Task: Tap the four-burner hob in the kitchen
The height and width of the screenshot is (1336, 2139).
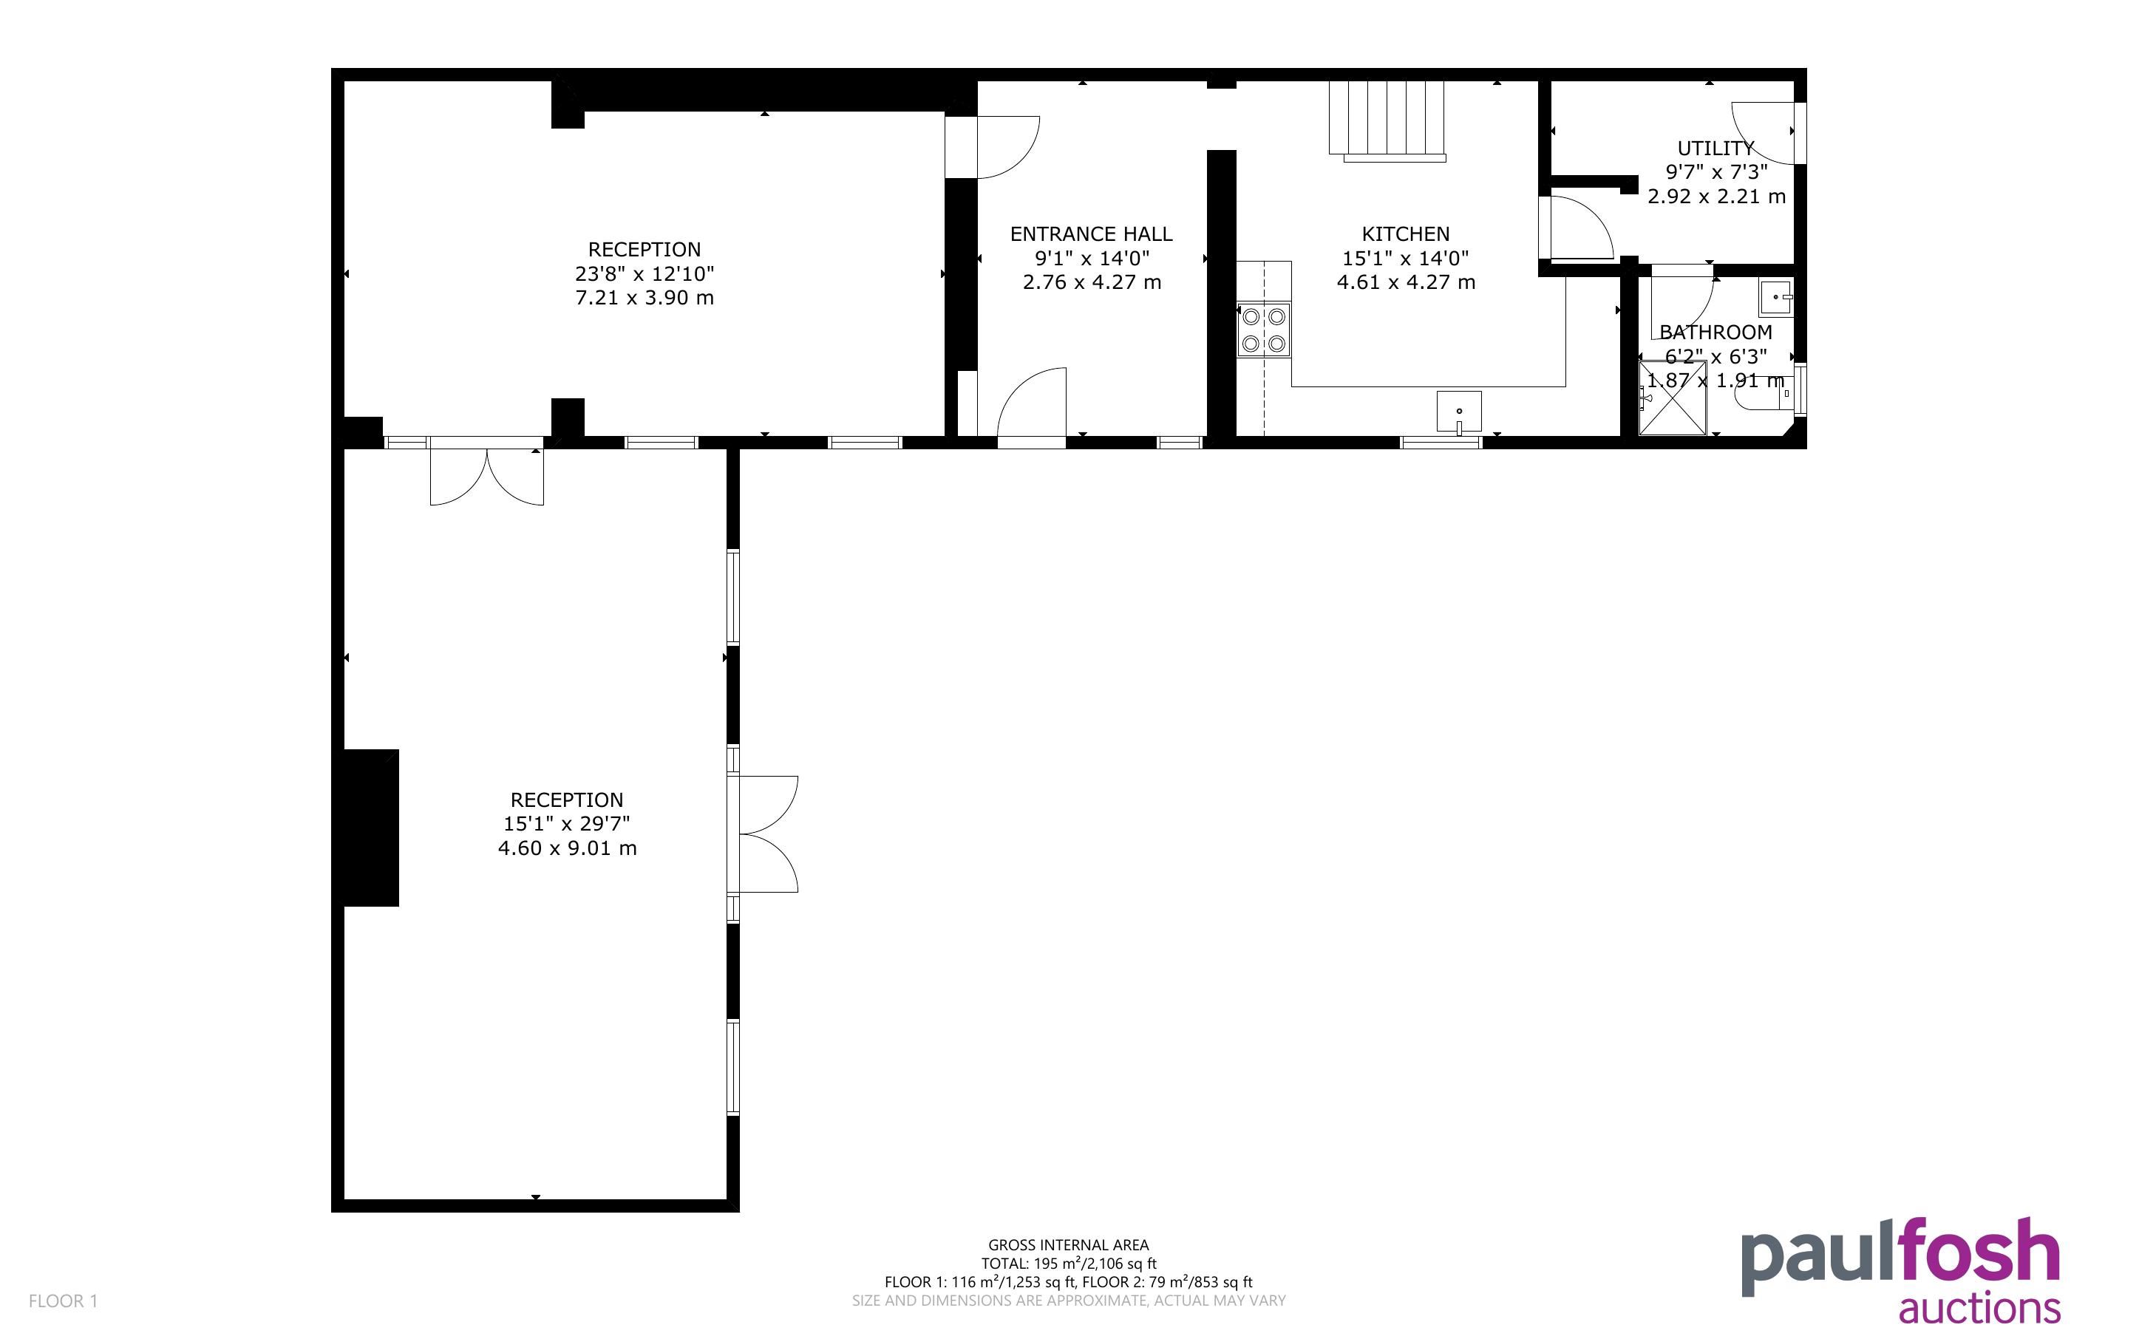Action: pyautogui.click(x=1263, y=330)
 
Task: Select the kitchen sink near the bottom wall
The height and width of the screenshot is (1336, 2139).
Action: pyautogui.click(x=1459, y=412)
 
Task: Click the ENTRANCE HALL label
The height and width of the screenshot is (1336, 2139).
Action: pyautogui.click(x=1091, y=234)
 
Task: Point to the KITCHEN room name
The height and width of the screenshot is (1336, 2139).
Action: pyautogui.click(x=1406, y=234)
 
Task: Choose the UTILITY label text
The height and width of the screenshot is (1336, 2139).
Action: pyautogui.click(x=1715, y=149)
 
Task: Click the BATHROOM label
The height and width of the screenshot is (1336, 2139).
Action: pyautogui.click(x=1715, y=333)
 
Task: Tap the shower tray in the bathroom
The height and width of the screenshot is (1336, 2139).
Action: pyautogui.click(x=1673, y=398)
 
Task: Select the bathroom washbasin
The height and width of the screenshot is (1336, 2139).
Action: pyautogui.click(x=1776, y=298)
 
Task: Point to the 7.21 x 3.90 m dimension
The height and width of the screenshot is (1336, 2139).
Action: pyautogui.click(x=644, y=298)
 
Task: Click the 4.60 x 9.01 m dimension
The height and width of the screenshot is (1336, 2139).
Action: pyautogui.click(x=567, y=848)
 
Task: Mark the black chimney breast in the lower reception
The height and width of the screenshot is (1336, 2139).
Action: pyautogui.click(x=371, y=828)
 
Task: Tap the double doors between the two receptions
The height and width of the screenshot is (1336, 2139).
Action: pyautogui.click(x=487, y=472)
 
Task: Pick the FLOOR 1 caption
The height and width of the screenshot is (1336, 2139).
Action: pyautogui.click(x=64, y=1301)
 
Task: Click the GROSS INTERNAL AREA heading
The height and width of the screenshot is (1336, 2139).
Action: pyautogui.click(x=1068, y=1245)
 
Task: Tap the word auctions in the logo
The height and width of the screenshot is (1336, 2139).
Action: pyautogui.click(x=1979, y=1309)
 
